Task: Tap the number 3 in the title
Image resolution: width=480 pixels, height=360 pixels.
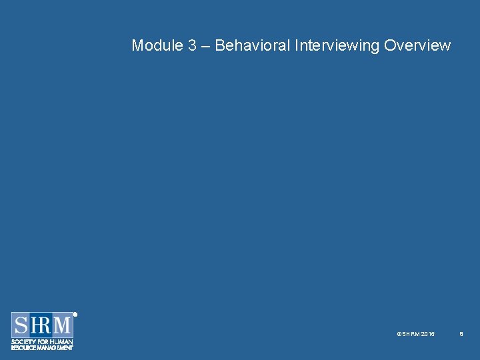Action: [192, 45]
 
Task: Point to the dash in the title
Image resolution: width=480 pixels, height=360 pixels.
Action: [206, 46]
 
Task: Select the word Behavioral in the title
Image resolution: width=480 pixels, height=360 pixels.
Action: [253, 45]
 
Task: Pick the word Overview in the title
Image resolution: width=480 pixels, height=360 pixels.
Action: [418, 45]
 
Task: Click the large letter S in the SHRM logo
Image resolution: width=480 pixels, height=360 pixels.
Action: [21, 326]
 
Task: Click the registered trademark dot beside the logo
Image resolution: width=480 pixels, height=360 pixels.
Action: [75, 314]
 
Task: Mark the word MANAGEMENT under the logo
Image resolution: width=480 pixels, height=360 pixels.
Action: [56, 347]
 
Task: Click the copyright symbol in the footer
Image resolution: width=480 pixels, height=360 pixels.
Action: [399, 333]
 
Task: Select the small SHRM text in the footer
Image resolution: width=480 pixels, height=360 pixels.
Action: [410, 333]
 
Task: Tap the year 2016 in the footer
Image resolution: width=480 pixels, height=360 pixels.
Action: [428, 333]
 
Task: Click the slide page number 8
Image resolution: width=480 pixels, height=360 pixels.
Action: [461, 333]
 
